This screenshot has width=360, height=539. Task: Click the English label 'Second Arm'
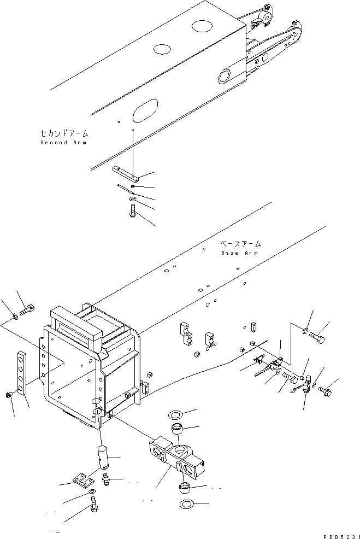click(63, 143)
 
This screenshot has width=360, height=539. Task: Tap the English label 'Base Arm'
click(239, 253)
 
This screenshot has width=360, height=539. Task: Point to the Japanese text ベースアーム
click(240, 244)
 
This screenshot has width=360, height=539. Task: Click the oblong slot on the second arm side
click(145, 112)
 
